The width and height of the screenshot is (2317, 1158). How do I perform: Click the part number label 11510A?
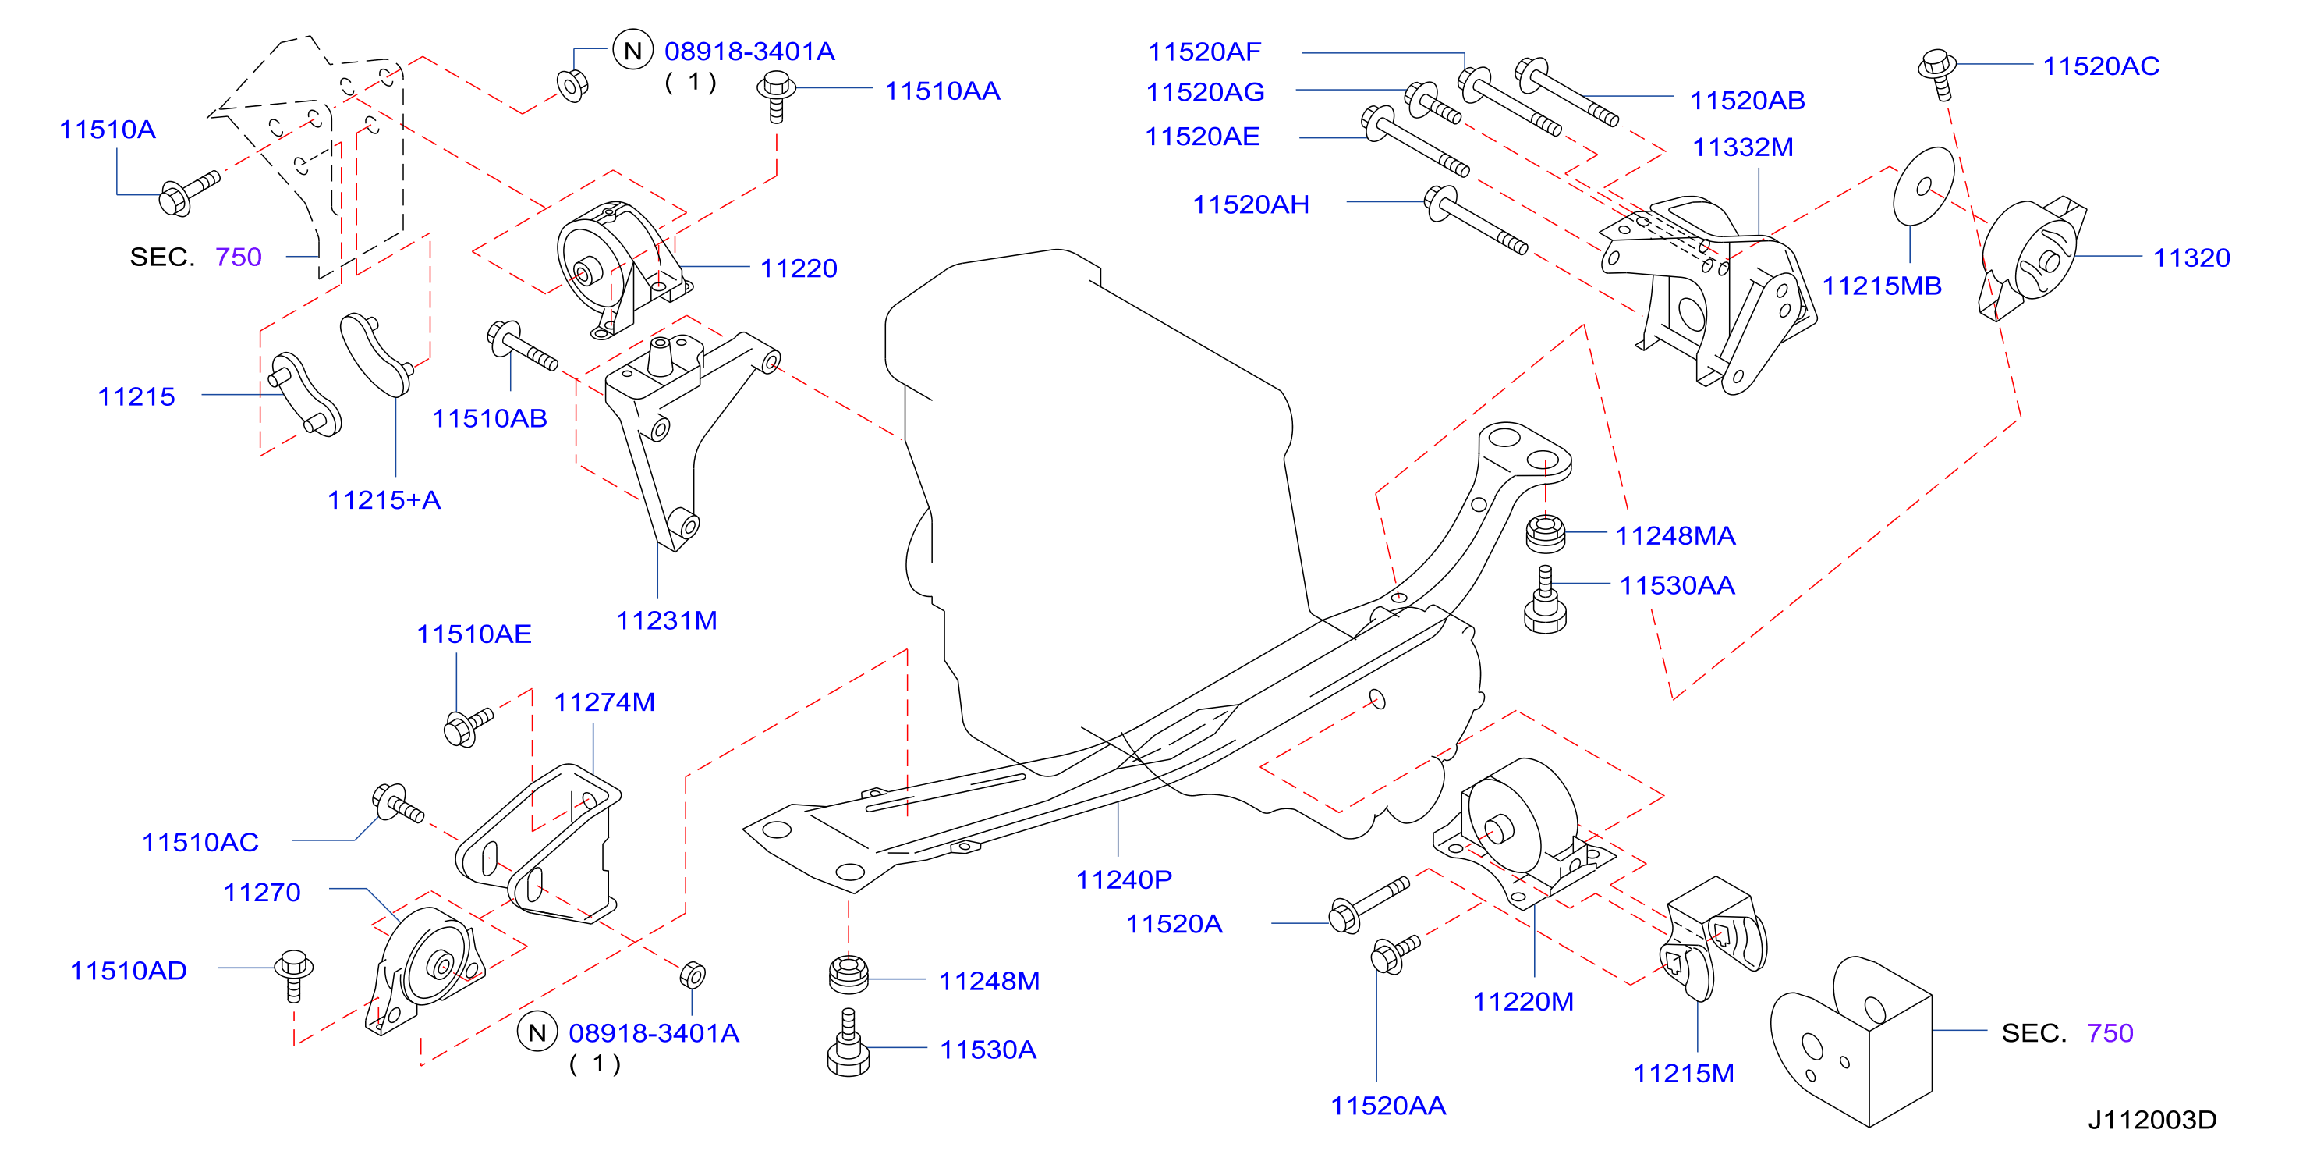click(107, 130)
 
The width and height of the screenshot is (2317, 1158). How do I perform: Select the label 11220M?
click(1523, 1001)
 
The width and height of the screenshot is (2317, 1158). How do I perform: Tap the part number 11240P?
click(1124, 879)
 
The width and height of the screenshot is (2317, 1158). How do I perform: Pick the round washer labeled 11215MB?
click(1923, 187)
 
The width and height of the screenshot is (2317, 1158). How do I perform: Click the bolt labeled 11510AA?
click(776, 95)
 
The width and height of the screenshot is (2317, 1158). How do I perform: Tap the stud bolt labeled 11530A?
click(849, 1044)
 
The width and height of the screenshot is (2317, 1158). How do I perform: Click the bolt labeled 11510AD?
click(294, 975)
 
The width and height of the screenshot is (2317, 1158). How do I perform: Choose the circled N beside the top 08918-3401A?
click(632, 52)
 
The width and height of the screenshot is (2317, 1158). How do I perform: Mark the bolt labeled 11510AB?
click(522, 346)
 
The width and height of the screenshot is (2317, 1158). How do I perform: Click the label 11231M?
click(667, 621)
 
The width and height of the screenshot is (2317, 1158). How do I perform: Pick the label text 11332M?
click(1742, 147)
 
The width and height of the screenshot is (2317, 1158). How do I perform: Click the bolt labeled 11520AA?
click(1395, 953)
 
